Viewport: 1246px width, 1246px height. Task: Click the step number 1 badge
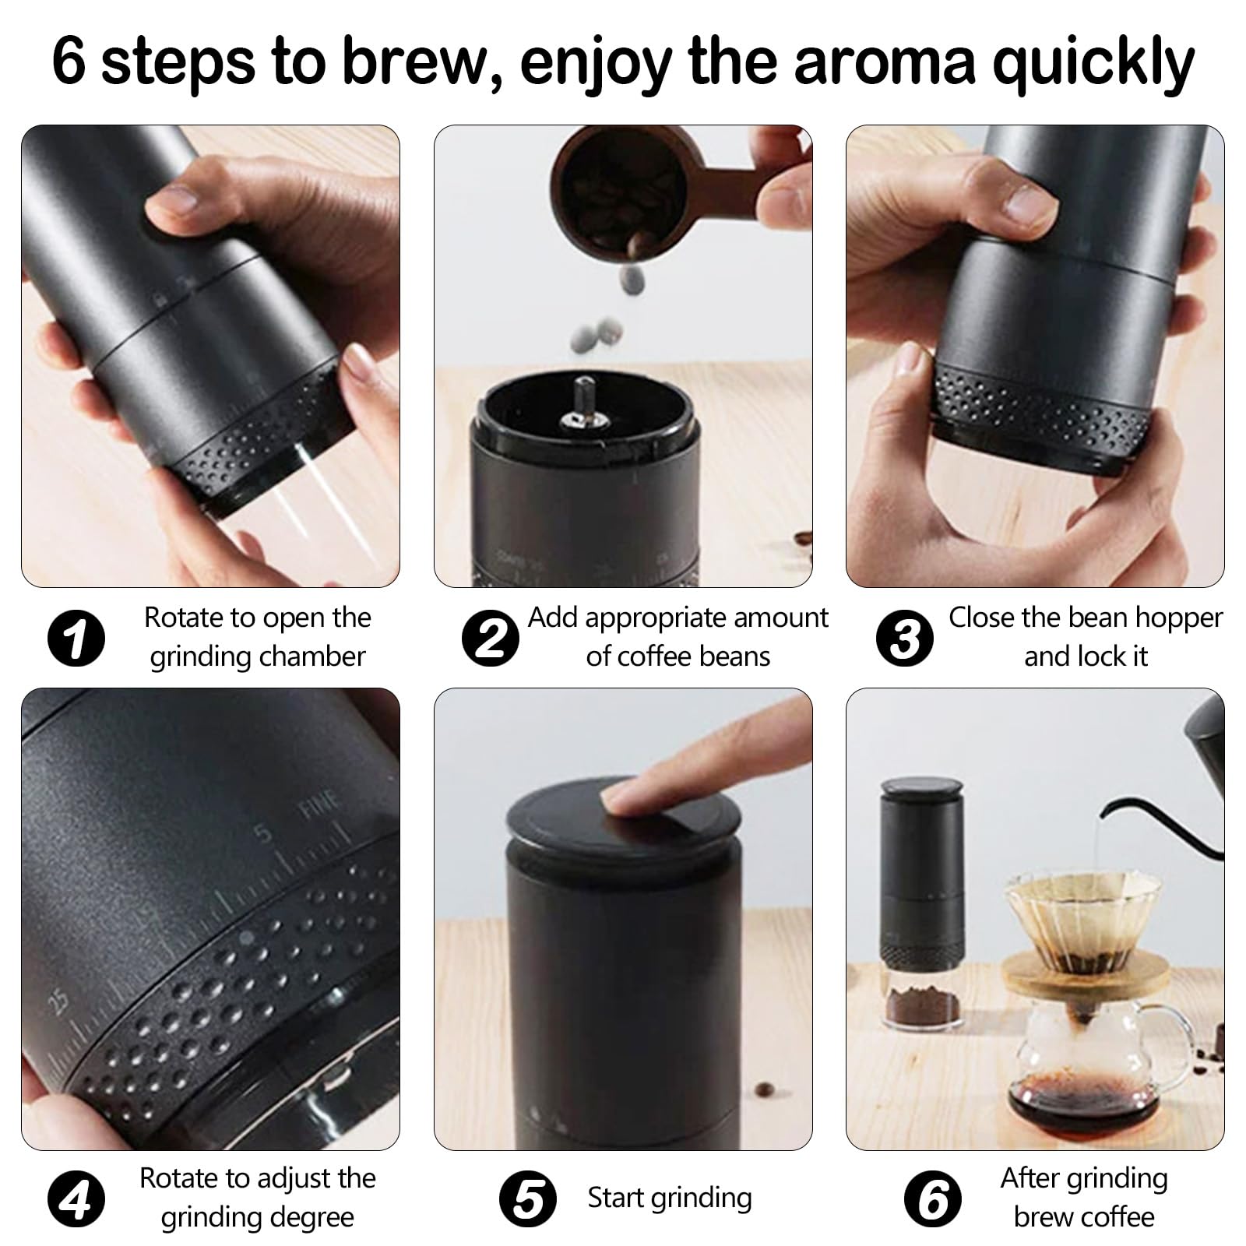[76, 639]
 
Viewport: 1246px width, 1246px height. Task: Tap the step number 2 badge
[490, 639]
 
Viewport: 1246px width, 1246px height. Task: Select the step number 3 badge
[904, 639]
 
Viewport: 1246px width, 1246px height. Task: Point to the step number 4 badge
[76, 1199]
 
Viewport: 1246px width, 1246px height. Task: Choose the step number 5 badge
[528, 1199]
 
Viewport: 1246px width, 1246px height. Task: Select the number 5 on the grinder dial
[265, 834]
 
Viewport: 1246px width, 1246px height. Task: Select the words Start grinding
[670, 1198]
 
